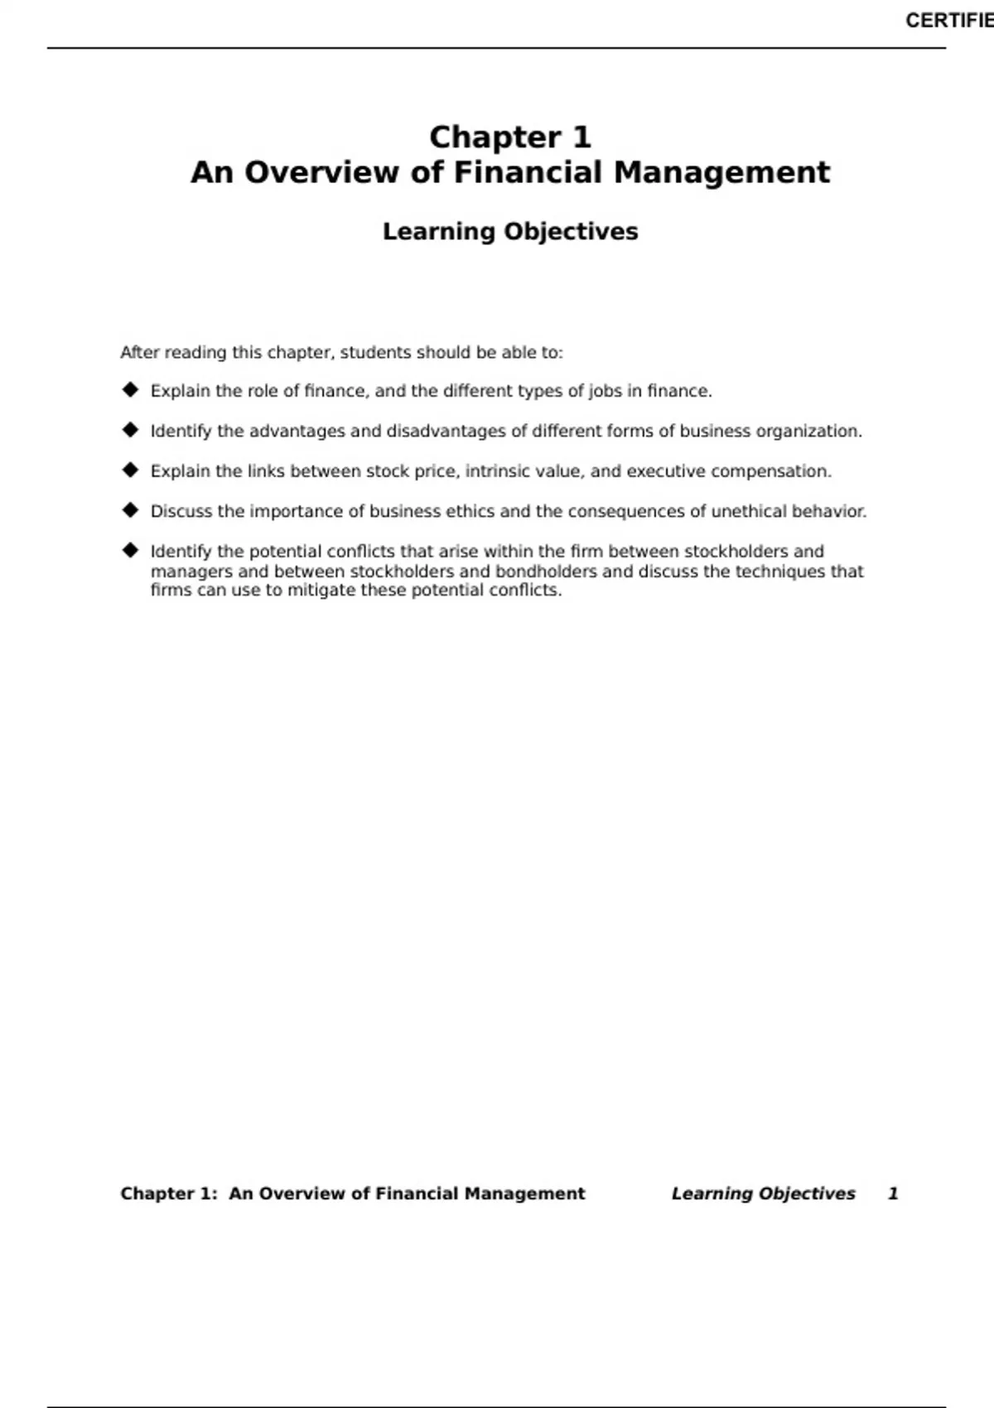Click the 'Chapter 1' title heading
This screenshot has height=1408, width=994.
coord(510,137)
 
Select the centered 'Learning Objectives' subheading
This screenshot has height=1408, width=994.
coord(510,232)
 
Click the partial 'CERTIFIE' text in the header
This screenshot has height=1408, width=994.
coord(948,21)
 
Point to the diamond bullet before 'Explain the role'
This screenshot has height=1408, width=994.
coord(130,389)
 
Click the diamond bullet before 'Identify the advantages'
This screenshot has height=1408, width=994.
coord(130,430)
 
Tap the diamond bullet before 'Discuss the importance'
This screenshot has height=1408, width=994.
coord(130,510)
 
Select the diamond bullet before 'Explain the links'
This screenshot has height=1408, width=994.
coord(130,470)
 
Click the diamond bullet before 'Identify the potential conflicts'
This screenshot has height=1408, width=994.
coord(130,550)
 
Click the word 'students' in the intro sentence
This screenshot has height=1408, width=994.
coord(375,353)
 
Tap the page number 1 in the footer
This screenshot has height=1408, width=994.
coord(893,1193)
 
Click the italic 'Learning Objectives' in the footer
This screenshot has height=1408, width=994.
coord(763,1193)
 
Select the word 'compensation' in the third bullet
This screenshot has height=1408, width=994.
coord(770,471)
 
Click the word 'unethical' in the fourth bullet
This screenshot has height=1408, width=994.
coord(749,511)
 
